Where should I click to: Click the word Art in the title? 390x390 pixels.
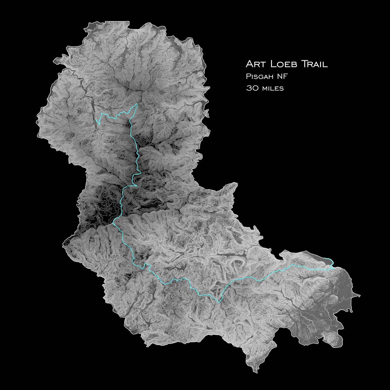(x=254, y=64)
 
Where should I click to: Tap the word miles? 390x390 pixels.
(x=273, y=88)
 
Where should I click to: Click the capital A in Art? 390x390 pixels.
(x=249, y=64)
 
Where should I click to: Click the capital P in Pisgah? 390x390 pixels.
(x=248, y=77)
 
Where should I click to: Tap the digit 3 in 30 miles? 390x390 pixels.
(x=248, y=88)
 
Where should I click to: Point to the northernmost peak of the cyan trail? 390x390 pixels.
(x=137, y=104)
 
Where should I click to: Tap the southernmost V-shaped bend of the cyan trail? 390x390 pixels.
(x=219, y=302)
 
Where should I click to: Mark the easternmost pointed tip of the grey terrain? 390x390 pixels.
(x=360, y=295)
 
